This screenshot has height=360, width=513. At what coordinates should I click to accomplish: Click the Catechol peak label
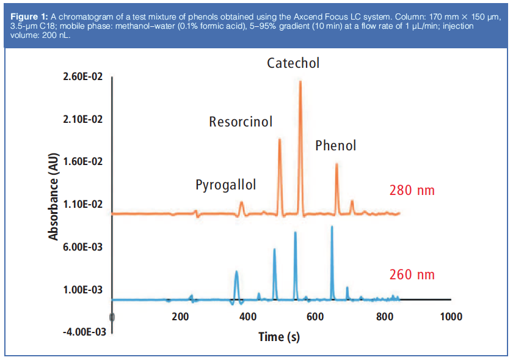coord(293,63)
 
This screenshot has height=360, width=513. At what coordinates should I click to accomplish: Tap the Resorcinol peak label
coord(241,122)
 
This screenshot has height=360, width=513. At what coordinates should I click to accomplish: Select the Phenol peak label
coord(335,145)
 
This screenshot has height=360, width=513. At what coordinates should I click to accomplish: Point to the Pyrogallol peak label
coord(225,185)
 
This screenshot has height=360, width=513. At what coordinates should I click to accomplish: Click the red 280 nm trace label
coord(412,191)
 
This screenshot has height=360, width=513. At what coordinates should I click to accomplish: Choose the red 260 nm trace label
coord(412,275)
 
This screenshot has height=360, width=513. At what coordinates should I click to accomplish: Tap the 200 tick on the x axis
coord(180,317)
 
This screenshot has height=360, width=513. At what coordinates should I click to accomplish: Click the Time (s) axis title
coord(279,337)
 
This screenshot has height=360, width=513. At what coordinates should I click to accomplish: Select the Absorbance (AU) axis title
coord(54,196)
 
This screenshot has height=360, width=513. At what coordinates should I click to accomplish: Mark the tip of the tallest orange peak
coord(300,81)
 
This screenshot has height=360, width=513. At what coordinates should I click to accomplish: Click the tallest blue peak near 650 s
coord(332,227)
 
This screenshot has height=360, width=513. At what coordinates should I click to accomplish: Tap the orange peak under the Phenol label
coord(337,165)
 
